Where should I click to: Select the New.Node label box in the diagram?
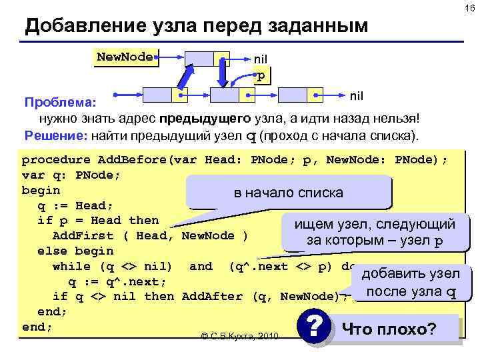click(125, 57)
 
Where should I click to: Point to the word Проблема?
click(60, 103)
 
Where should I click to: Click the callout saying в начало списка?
click(289, 193)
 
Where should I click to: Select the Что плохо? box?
click(398, 329)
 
